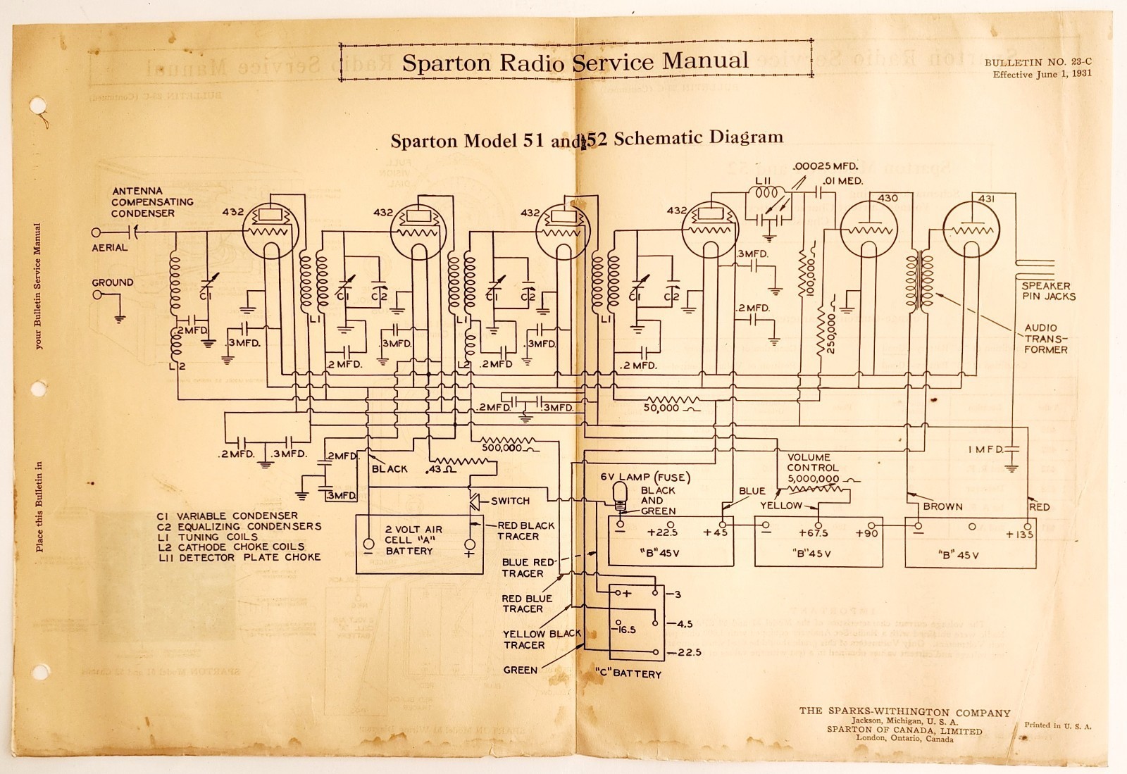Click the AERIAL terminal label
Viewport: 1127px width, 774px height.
tap(110, 248)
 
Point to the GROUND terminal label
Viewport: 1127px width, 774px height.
tap(112, 282)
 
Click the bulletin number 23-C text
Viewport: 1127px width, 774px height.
tap(1038, 63)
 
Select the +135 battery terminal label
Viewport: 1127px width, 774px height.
tap(1019, 535)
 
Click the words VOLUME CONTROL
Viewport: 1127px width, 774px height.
tap(813, 463)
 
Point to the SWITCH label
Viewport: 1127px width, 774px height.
tap(510, 501)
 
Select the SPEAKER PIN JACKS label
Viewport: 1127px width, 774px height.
tap(1048, 291)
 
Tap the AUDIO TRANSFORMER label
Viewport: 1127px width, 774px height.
tap(1046, 339)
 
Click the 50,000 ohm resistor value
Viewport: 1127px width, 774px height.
tap(662, 408)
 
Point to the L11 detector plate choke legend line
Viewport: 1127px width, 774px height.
tap(239, 557)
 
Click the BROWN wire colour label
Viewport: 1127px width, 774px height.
tap(942, 506)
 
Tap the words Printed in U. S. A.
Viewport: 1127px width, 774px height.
tap(1053, 725)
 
